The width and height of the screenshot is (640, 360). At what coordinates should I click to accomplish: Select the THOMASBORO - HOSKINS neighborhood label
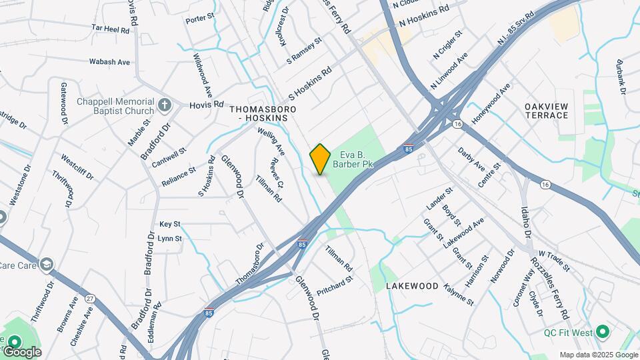tap(263, 113)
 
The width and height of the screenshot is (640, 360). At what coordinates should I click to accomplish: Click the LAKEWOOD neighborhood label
tap(412, 286)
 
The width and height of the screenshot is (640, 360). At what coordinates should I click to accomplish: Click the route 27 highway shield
tap(91, 298)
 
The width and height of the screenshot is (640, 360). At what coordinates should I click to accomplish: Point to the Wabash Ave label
tap(109, 62)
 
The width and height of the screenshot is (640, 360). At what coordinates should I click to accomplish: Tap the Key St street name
tap(170, 225)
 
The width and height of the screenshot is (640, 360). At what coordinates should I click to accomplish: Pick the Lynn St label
tap(170, 238)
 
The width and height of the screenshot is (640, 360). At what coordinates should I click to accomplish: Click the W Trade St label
tap(555, 260)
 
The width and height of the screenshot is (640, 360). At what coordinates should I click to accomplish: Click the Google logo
tap(21, 351)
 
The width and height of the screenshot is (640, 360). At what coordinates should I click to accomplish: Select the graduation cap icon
tap(46, 265)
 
